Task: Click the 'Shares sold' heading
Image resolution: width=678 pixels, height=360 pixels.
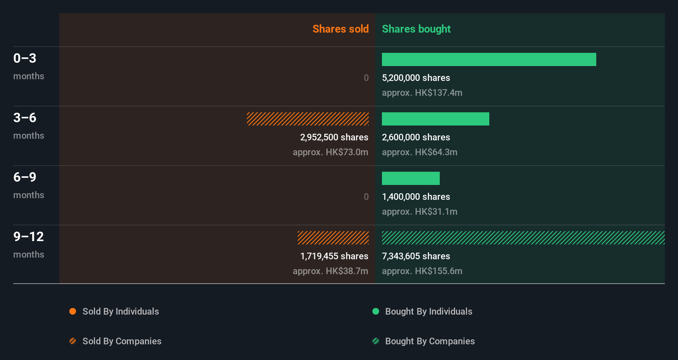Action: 340,29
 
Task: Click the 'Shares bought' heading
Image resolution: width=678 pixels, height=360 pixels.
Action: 416,29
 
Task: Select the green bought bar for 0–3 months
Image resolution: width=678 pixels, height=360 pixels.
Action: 489,59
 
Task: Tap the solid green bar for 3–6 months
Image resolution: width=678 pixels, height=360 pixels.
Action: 435,119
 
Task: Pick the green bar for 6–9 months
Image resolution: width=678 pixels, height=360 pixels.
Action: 410,178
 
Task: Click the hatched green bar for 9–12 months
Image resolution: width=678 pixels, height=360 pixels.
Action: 523,238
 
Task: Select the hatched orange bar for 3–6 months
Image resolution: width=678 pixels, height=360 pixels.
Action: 308,119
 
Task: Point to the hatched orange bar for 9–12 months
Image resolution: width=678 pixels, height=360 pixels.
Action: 333,238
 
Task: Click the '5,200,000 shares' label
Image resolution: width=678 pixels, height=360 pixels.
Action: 416,78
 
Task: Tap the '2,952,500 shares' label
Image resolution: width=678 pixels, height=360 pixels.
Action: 334,137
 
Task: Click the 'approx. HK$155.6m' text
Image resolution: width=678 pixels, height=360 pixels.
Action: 422,271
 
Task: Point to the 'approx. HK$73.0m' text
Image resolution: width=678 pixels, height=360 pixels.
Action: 330,152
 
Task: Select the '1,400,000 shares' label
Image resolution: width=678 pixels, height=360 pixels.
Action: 416,197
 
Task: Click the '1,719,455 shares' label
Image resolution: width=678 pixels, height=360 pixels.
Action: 334,256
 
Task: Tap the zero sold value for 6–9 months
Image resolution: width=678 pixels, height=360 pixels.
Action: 366,197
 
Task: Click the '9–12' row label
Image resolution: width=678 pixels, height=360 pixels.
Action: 28,237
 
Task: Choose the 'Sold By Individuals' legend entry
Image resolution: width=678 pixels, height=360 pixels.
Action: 121,311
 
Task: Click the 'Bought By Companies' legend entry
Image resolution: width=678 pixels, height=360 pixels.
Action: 429,341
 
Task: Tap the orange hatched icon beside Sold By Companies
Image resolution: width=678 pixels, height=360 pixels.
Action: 73,341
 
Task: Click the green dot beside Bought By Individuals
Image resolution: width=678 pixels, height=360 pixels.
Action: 376,311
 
